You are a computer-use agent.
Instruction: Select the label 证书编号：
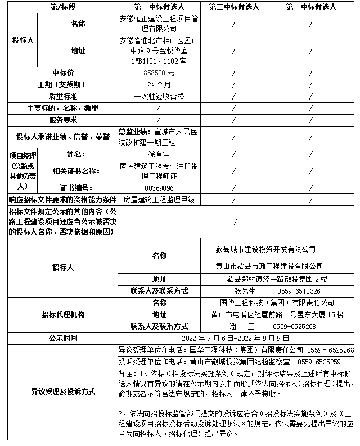78,188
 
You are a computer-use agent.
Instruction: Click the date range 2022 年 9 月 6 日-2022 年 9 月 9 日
236,338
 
